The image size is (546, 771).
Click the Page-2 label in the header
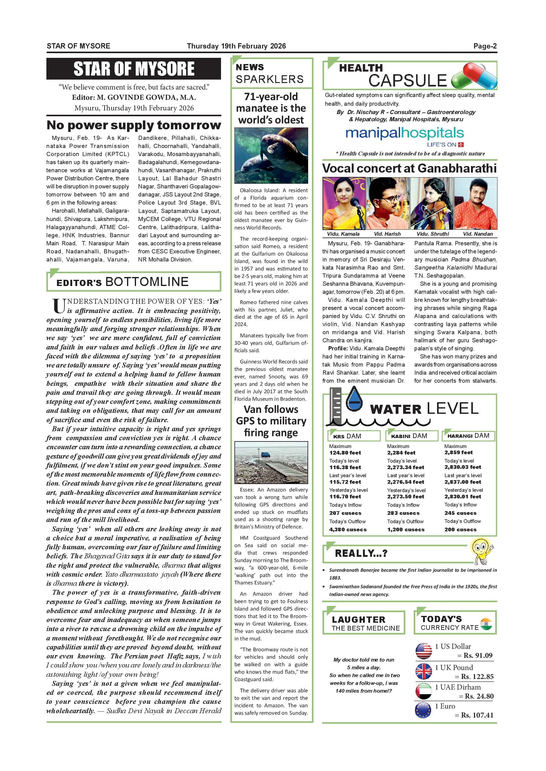click(485, 46)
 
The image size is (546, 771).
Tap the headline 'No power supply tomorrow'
click(134, 125)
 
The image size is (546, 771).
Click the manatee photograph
click(271, 155)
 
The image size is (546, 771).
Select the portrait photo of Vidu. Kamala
click(344, 204)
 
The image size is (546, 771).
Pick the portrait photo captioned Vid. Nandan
click(475, 204)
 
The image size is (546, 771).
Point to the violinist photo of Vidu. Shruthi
click(432, 204)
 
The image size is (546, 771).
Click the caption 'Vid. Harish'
click(387, 234)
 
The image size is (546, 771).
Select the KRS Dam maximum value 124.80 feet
click(345, 453)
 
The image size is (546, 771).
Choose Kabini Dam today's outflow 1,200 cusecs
click(406, 529)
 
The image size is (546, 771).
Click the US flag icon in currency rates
click(424, 651)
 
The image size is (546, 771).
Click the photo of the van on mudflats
click(271, 463)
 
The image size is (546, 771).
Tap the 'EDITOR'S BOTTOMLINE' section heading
click(122, 282)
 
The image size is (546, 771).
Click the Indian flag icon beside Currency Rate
click(486, 624)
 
